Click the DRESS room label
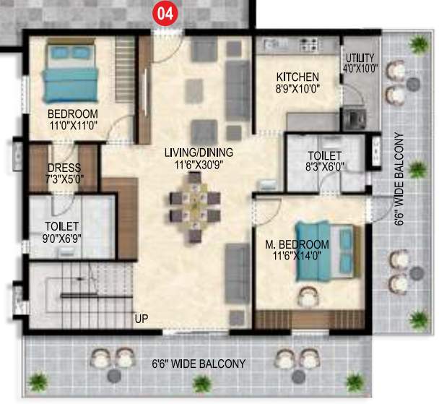point(61,167)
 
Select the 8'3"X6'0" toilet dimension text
point(318,166)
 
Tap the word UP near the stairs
point(142,317)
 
